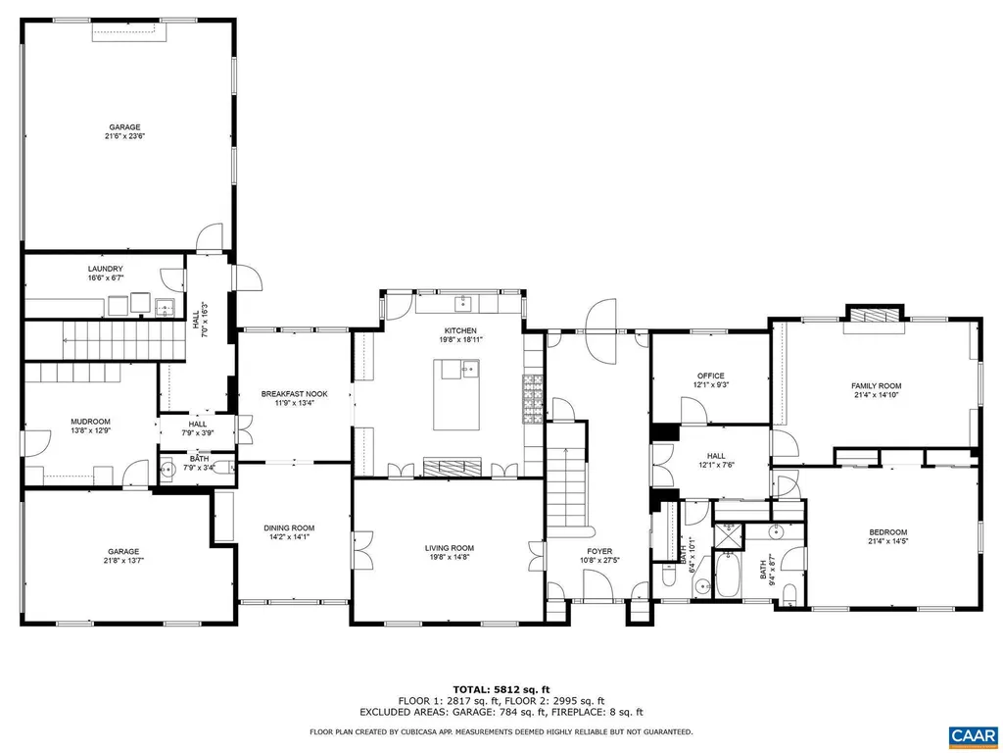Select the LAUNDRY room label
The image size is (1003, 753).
click(105, 269)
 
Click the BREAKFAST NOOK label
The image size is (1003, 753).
click(294, 394)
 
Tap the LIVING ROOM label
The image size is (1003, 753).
click(449, 548)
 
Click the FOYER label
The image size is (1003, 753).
click(599, 551)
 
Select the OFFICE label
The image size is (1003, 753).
click(710, 376)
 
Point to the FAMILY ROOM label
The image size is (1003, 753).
click(876, 386)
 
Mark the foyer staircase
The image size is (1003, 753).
click(566, 471)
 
